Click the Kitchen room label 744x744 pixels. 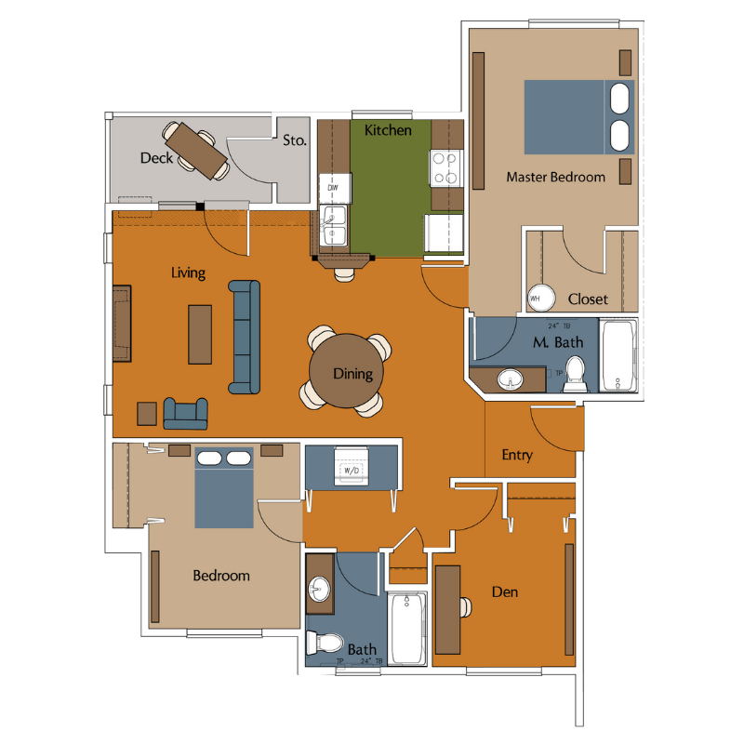pos(388,130)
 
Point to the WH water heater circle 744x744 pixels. pos(537,298)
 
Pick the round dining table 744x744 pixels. pos(352,372)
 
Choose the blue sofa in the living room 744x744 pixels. pos(245,336)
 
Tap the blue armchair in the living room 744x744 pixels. pos(185,412)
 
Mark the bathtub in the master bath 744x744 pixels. pos(618,355)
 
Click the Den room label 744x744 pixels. pos(505,591)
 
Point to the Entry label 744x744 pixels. pos(517,455)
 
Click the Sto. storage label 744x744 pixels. pos(294,141)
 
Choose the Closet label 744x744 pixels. pos(588,299)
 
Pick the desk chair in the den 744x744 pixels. pos(464,607)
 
